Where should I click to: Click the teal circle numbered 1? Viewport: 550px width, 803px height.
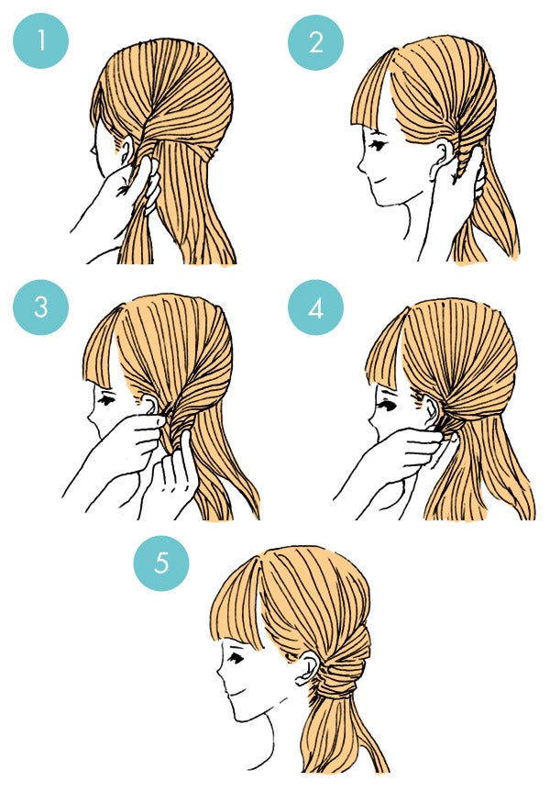40,41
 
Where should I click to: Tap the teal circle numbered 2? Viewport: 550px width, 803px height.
315,41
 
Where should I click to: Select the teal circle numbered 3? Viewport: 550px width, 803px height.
40,307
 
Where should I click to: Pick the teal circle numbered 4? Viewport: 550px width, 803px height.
315,307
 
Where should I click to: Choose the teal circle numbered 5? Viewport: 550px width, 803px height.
161,562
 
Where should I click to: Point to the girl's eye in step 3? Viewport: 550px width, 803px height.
108,402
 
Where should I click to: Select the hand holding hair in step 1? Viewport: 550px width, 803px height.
124,193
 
